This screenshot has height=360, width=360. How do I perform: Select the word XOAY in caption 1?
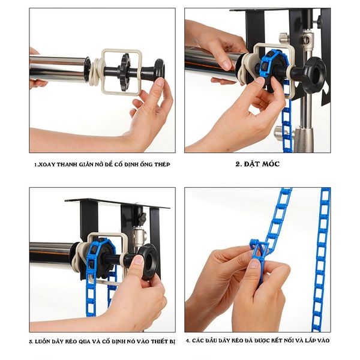pyautogui.click(x=47, y=164)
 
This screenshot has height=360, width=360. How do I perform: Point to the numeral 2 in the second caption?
pyautogui.click(x=238, y=164)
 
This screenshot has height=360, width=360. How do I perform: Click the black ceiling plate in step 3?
pyautogui.click(x=118, y=203)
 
